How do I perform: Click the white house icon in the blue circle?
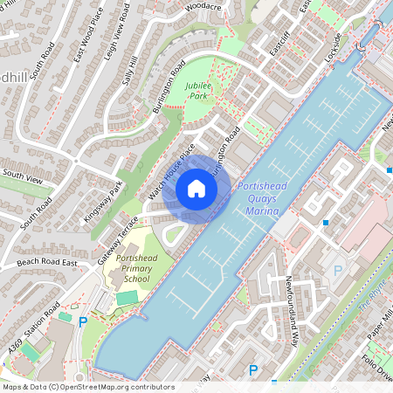pos(196,188)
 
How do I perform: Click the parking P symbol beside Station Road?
pos(84,322)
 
